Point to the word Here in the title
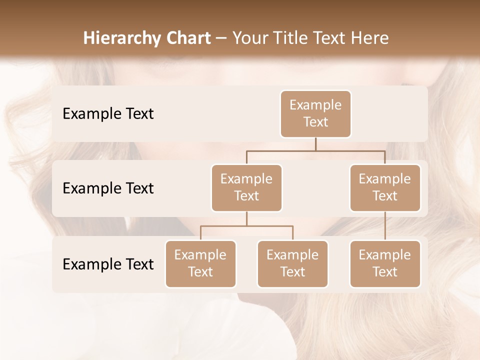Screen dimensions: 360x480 (370, 38)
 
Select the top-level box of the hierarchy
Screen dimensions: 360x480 (315, 113)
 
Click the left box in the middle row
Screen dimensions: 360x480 (246, 187)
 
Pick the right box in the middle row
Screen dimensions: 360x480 (385, 187)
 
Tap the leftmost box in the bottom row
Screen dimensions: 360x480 (200, 263)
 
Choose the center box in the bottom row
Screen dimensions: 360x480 (292, 263)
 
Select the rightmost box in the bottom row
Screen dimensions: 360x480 (385, 263)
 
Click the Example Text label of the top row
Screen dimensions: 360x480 (108, 113)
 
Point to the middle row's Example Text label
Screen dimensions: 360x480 (108, 188)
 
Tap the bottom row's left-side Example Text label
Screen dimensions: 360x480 (108, 264)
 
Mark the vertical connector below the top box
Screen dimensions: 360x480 (315, 144)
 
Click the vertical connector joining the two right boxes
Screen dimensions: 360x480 (385, 225)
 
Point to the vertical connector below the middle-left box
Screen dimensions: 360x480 (246, 218)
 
